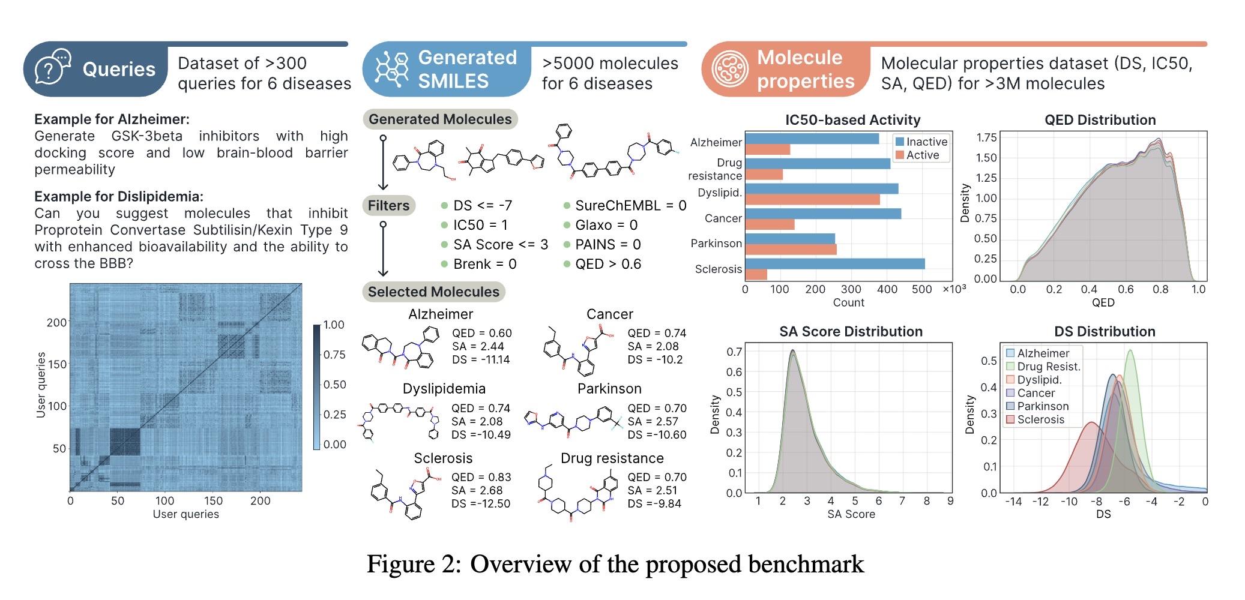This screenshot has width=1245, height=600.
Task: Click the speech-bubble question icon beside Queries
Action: click(x=53, y=68)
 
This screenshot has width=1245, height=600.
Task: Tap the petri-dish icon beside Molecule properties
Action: click(x=731, y=69)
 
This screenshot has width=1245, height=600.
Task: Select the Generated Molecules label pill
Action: click(x=440, y=119)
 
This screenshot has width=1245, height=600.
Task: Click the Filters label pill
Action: click(x=388, y=206)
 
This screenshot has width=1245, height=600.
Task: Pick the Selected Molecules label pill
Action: click(x=433, y=292)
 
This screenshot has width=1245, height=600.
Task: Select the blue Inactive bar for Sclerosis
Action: click(x=834, y=264)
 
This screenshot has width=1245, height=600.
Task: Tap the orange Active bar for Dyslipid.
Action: click(x=812, y=199)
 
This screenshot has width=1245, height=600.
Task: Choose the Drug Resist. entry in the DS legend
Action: click(x=1048, y=367)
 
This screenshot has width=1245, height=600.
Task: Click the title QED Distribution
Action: click(x=1100, y=120)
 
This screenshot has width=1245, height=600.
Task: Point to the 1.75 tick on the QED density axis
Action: click(x=986, y=137)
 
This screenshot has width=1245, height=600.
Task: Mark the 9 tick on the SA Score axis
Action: click(x=950, y=501)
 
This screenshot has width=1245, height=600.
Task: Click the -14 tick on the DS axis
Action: click(x=1013, y=502)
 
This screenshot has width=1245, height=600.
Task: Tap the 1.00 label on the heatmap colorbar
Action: click(x=334, y=325)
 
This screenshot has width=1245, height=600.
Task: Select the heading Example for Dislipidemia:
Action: click(x=119, y=197)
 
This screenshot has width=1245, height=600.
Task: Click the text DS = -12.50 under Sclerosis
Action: click(x=481, y=504)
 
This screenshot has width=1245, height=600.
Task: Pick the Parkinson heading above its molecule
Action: click(x=609, y=389)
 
